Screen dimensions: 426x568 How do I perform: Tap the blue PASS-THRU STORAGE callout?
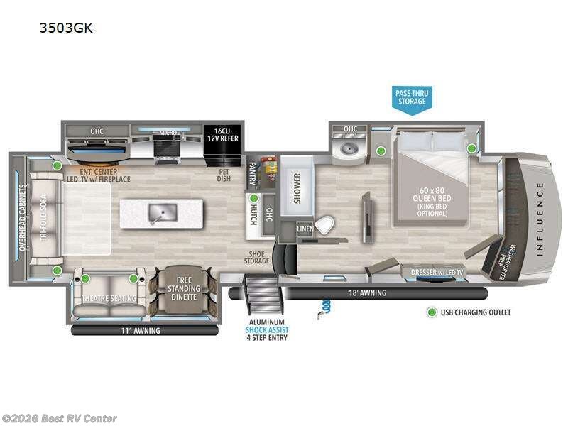(x=412, y=97)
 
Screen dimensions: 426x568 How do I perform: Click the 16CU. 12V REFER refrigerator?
(x=222, y=135)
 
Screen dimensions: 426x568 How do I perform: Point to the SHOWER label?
(x=296, y=187)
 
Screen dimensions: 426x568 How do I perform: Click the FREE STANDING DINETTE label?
(x=185, y=290)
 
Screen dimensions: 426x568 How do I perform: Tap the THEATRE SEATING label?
(x=109, y=298)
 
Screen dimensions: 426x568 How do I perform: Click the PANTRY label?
(x=251, y=171)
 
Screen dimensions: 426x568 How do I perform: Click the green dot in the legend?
(x=430, y=312)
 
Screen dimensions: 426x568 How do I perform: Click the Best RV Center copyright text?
(x=60, y=419)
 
